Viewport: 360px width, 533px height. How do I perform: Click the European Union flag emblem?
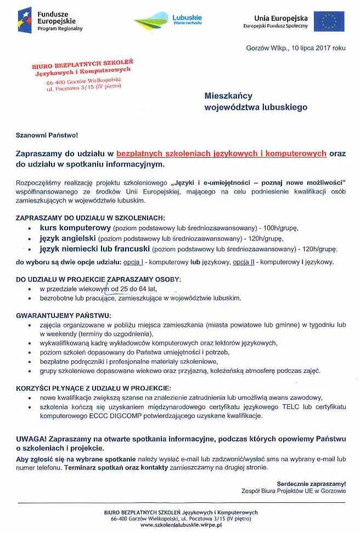click(329, 21)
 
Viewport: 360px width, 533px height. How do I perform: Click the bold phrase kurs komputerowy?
click(75, 227)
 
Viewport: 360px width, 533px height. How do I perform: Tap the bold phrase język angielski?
click(68, 239)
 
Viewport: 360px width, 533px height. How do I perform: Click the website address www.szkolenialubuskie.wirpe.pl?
click(181, 525)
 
